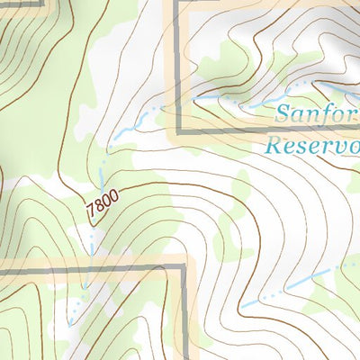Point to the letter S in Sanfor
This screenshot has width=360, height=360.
(x=282, y=114)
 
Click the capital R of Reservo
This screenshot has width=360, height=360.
(x=274, y=144)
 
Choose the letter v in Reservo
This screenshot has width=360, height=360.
(x=335, y=145)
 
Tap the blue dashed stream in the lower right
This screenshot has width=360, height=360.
(x=297, y=286)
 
